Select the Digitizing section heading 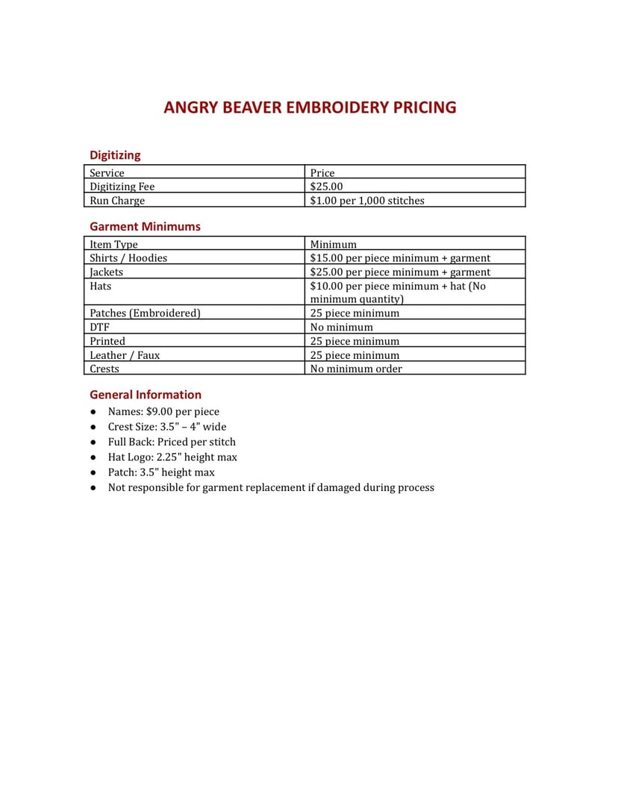pos(115,155)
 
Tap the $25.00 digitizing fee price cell pos(326,187)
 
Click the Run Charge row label pos(117,201)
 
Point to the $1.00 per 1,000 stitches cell pos(366,201)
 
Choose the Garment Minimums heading pos(145,227)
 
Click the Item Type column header pos(113,244)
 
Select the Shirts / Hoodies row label pos(128,258)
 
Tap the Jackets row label pos(106,272)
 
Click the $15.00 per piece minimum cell pos(400,258)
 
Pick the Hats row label pos(101,287)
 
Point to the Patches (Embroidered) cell pos(145,313)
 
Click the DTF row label pos(99,327)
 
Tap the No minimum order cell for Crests pos(356,369)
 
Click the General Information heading pos(146,395)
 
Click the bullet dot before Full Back pos(93,442)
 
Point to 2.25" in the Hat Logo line pos(169,457)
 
